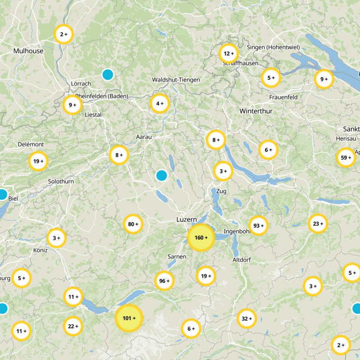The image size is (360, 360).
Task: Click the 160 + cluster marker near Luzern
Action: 200,238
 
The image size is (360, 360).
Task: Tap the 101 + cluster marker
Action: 129,319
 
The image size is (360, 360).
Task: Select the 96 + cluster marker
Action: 164,281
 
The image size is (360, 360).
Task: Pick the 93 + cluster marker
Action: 258,225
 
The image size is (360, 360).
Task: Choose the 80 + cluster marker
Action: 133,224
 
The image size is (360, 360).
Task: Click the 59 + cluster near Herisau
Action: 346,157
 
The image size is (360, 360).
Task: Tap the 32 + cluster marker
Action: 247,319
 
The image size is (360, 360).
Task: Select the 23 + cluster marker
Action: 318,224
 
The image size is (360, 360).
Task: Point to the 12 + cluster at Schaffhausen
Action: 228,54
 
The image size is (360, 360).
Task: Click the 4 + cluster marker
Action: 160,103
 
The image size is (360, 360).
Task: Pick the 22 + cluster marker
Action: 73,326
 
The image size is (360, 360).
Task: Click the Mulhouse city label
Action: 28,51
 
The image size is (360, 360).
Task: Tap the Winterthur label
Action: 256,111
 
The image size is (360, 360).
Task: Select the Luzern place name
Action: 186,219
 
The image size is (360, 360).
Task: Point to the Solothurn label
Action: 61,181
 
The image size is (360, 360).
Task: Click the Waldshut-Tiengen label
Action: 176,80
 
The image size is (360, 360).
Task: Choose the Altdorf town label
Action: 242,260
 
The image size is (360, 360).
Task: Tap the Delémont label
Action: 31,144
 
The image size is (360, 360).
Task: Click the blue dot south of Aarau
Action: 161,175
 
